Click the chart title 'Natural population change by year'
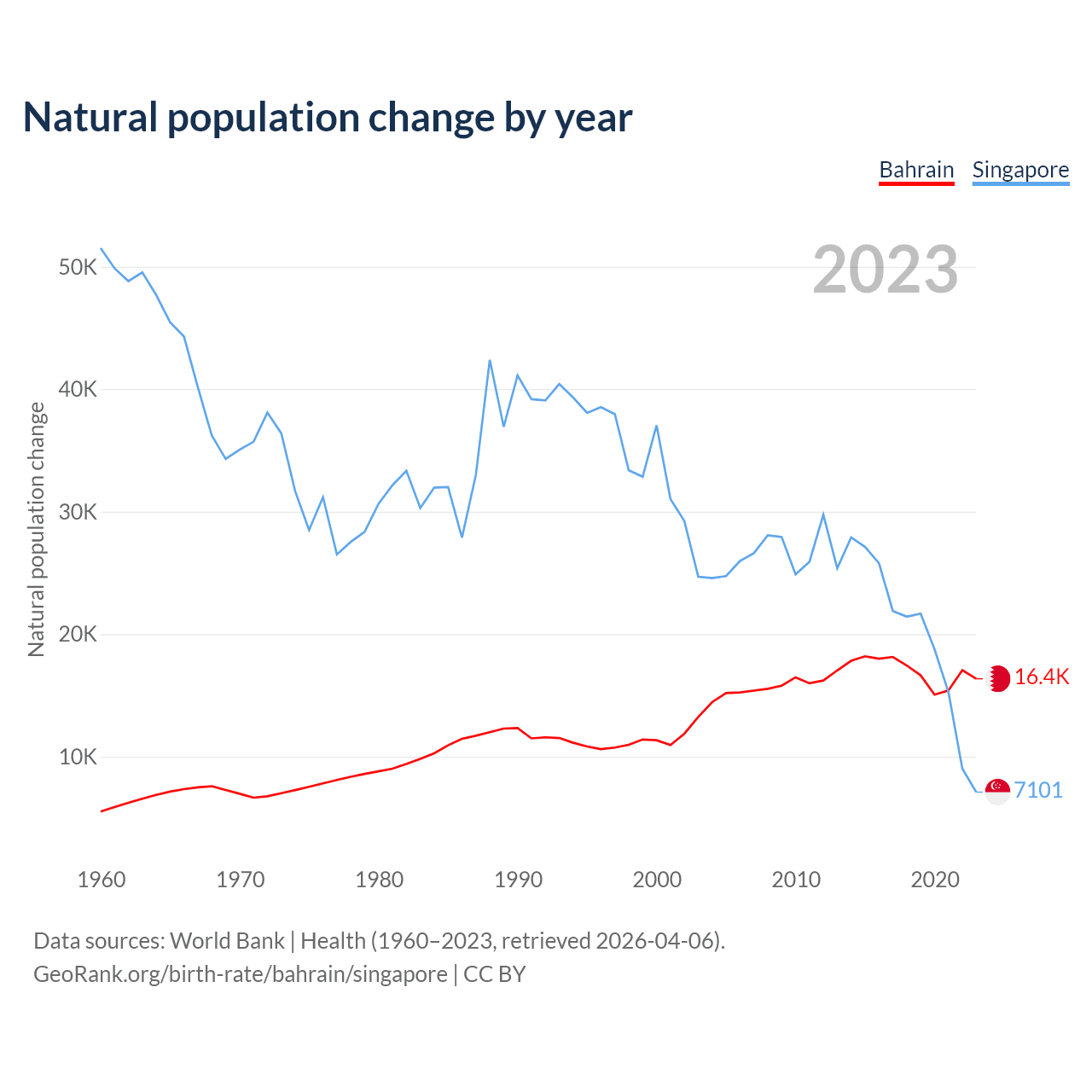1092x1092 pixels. point(328,118)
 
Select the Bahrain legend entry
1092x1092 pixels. point(916,170)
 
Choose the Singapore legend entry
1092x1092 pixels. point(1020,170)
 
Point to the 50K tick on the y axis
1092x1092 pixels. point(78,268)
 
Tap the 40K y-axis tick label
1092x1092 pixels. point(78,390)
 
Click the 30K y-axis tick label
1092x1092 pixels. point(78,513)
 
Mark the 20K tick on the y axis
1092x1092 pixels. point(78,635)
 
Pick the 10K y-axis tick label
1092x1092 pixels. point(78,758)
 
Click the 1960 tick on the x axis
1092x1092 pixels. point(102,880)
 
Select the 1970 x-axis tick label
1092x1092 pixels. point(241,880)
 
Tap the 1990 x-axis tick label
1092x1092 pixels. point(518,880)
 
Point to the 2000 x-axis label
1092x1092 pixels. point(657,880)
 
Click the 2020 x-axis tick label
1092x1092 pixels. point(935,880)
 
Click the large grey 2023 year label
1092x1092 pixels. point(886,270)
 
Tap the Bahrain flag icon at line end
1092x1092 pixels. point(997,678)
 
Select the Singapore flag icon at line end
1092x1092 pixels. point(997,792)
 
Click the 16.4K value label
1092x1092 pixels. point(1042,677)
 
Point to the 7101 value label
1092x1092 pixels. point(1038,791)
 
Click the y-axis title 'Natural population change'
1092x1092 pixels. point(37,529)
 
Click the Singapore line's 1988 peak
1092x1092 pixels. point(490,360)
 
